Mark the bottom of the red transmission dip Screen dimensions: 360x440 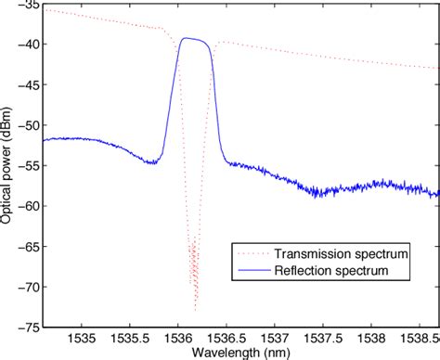pyautogui.click(x=195, y=309)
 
